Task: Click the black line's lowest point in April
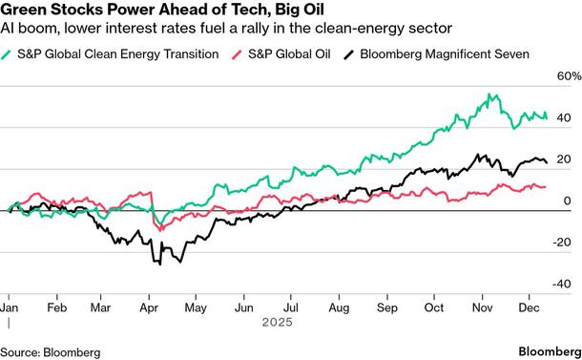tap(153, 264)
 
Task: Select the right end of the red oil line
tap(546, 186)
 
